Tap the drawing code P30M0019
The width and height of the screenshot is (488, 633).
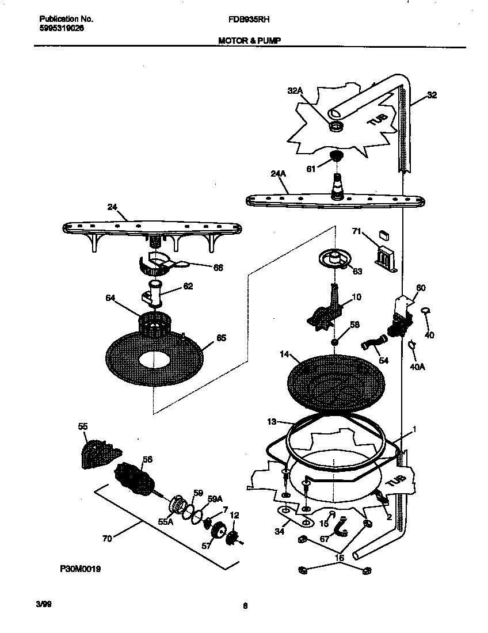(80, 569)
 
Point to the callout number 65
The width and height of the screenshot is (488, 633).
(220, 338)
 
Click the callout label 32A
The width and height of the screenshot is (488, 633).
(295, 90)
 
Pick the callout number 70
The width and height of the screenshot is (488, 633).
(107, 539)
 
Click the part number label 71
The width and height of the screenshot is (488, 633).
(356, 231)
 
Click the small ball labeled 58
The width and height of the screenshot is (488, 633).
(334, 342)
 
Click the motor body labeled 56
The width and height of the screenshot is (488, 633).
(134, 475)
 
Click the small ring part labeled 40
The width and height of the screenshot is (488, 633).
(425, 311)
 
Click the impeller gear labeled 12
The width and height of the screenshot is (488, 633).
(233, 538)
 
